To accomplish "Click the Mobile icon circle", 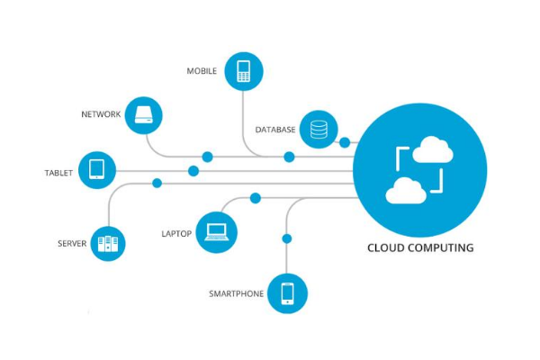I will point(242,71).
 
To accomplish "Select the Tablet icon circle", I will point(97,169).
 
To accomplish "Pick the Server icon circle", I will point(107,243).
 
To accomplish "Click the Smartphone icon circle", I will point(288,293).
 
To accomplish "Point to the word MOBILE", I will point(202,71).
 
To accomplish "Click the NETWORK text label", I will point(100,115).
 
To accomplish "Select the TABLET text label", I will point(58,173).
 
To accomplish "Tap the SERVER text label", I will point(72,244).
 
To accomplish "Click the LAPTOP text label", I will point(176,234).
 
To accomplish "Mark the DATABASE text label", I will point(275,130).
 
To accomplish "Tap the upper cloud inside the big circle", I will point(433,148).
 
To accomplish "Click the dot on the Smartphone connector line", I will point(287,238).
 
